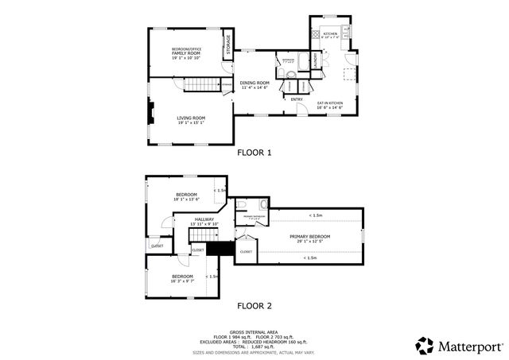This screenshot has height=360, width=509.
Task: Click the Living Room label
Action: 190,120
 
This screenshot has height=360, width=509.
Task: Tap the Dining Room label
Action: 255,84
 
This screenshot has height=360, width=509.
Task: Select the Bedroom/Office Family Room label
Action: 187,53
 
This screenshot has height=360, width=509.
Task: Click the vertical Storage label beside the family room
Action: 227,46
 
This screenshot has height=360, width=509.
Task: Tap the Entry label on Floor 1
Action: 296,99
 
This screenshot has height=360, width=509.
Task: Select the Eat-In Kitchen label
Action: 330,105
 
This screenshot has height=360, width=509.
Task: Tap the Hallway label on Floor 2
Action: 206,222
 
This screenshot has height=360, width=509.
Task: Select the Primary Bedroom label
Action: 309,238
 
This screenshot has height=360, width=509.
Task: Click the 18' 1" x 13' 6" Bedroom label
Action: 188,197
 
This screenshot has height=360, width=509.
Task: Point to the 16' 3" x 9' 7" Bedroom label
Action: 182,278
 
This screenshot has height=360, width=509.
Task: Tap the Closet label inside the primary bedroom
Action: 247,252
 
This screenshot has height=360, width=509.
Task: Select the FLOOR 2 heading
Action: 254,305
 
